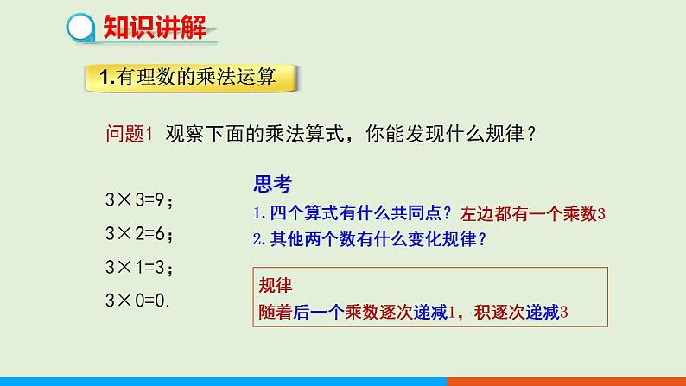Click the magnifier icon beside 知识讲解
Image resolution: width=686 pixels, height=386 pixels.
pos(81,28)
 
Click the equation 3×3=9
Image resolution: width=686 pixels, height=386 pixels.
pos(138,201)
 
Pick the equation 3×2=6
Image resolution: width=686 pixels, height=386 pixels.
pos(138,233)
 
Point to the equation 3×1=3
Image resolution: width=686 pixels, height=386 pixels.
pos(138,268)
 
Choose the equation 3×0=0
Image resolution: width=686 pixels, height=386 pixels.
pos(137,301)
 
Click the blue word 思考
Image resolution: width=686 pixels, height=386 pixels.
pos(272,184)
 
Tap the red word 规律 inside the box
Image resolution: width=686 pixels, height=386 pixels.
pos(278,286)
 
